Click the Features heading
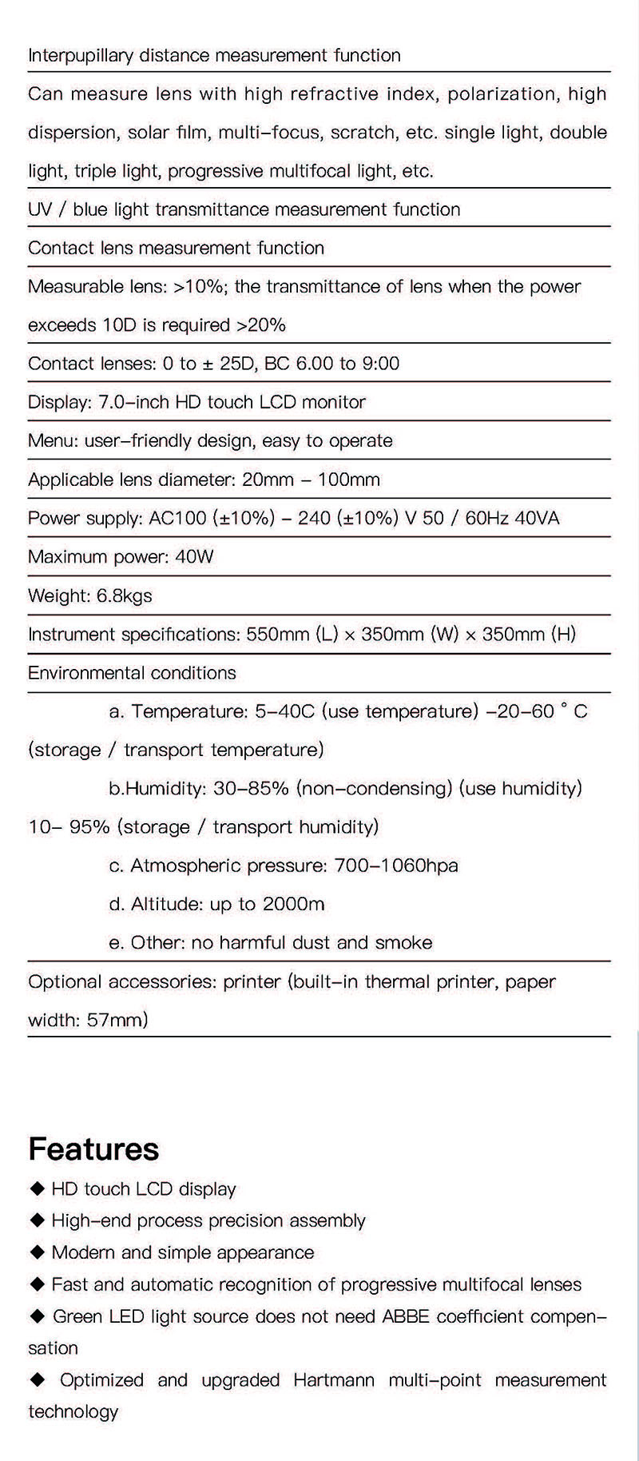(x=93, y=1148)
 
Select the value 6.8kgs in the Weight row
(x=121, y=595)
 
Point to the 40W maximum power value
(x=194, y=557)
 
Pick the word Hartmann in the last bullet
(x=334, y=1379)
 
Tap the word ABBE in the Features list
(x=410, y=1316)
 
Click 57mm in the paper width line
(x=118, y=1020)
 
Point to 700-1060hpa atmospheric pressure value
(x=394, y=866)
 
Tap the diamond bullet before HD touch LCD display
(x=37, y=1189)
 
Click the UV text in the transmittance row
(x=40, y=209)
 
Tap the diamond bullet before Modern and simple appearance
(x=37, y=1252)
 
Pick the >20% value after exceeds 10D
(x=260, y=325)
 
